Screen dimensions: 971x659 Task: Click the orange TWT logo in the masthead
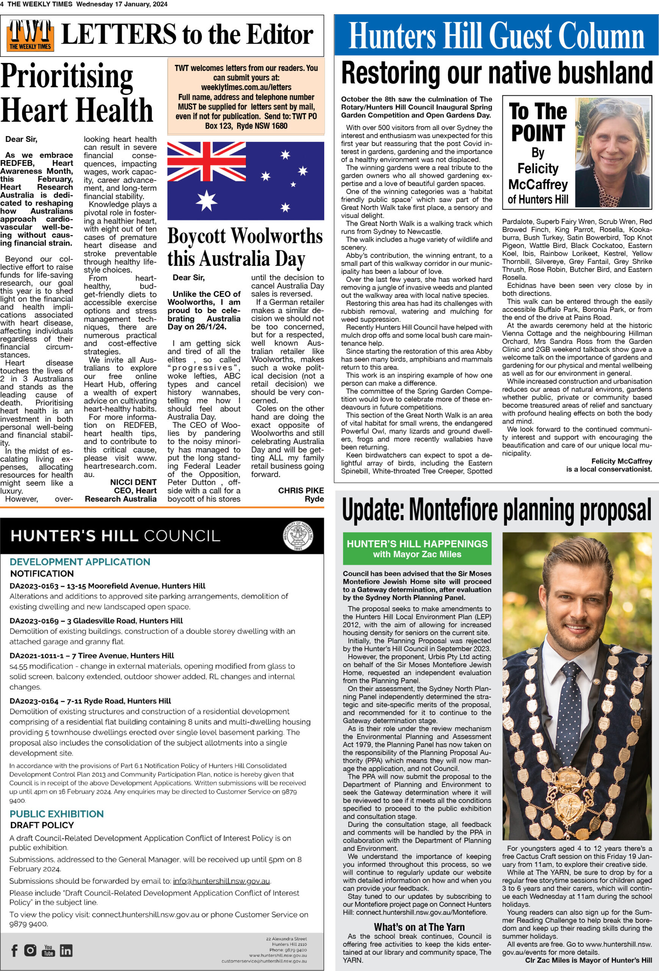click(30, 36)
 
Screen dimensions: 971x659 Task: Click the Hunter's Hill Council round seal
click(298, 536)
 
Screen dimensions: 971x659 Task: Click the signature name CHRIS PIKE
click(301, 490)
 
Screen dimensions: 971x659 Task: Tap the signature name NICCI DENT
click(133, 482)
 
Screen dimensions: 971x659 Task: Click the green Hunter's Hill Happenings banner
click(417, 548)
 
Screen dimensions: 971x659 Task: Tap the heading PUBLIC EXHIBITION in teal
click(56, 814)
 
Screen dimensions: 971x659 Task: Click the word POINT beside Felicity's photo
click(538, 134)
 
